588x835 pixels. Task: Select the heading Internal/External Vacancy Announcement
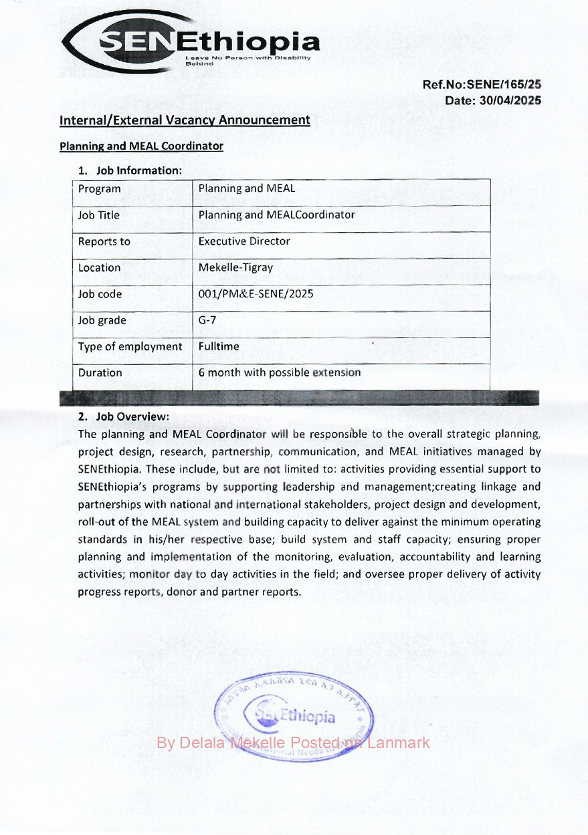185,120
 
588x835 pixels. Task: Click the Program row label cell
100,189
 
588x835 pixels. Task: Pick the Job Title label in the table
99,215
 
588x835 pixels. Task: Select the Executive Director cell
244,241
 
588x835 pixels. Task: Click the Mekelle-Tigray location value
235,267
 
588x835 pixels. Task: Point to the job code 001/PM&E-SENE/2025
256,293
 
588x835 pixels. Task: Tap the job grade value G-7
207,320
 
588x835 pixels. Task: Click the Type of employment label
130,346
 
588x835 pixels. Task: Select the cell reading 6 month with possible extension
280,372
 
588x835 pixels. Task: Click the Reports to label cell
104,241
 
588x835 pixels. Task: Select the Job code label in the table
100,294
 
